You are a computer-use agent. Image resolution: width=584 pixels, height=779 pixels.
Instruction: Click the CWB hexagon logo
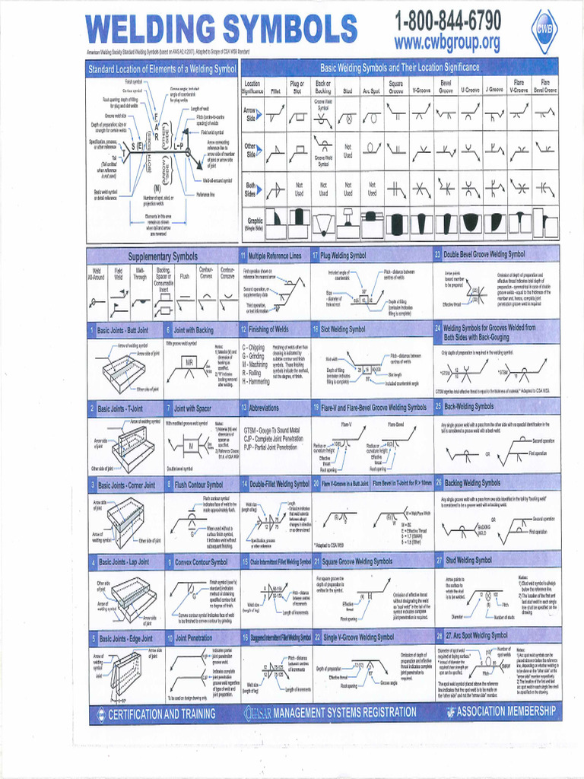click(544, 30)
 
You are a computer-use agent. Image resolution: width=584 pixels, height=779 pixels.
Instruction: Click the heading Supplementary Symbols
click(162, 256)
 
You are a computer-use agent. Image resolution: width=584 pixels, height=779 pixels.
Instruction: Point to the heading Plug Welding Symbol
click(343, 256)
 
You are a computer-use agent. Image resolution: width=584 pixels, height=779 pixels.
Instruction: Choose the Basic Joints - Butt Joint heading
click(122, 330)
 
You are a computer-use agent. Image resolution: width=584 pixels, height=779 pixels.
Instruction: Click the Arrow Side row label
click(250, 114)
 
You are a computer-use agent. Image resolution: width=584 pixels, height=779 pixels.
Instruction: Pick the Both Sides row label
click(250, 189)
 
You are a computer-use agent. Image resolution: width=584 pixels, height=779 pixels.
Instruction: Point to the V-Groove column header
click(421, 90)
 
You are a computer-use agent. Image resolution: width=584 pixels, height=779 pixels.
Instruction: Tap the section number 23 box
click(437, 255)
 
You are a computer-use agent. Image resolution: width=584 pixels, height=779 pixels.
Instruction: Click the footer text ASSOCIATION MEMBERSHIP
click(507, 713)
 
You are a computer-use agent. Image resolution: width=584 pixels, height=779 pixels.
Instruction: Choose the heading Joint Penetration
click(194, 638)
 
